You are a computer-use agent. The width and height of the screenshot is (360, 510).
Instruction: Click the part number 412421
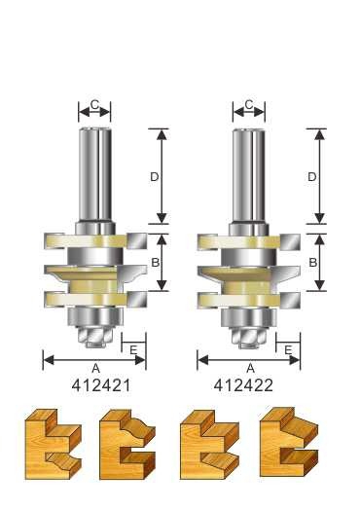(x=93, y=383)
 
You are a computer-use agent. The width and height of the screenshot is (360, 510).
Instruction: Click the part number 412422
(x=249, y=383)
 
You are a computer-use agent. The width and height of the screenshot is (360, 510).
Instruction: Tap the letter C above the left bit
(x=93, y=105)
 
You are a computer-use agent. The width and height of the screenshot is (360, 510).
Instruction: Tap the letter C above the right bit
(x=249, y=105)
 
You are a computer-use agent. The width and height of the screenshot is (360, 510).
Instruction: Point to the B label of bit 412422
(x=311, y=262)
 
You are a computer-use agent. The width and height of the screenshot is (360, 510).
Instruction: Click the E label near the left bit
(x=133, y=348)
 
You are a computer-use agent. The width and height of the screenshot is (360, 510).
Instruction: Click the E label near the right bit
(x=289, y=348)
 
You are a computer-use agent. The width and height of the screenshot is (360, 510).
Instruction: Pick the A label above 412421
(x=93, y=368)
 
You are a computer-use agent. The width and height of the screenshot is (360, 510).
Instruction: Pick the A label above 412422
(x=249, y=368)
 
